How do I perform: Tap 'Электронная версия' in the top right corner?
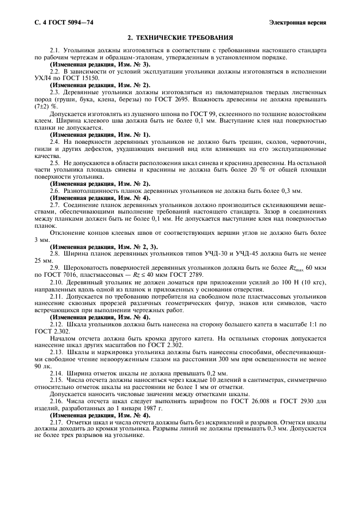[x=297, y=22]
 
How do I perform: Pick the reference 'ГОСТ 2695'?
[x=204, y=99]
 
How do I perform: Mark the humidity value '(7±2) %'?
[x=46, y=106]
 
